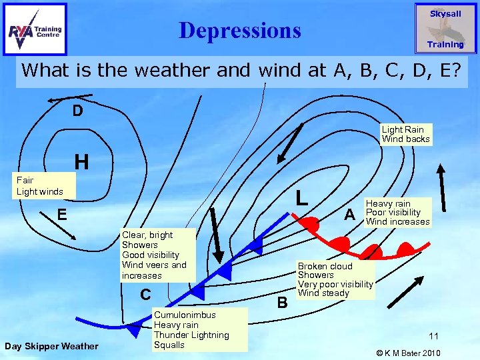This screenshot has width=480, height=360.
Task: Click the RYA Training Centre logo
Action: click(x=35, y=29)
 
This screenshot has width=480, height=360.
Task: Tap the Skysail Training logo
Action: click(x=445, y=29)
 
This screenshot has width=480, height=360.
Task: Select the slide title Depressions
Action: click(x=240, y=30)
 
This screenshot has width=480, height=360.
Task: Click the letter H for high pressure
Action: click(x=81, y=162)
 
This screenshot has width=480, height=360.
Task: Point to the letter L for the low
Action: click(x=302, y=197)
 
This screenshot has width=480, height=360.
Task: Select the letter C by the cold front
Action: click(x=145, y=294)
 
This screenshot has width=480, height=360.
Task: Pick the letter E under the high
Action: click(x=61, y=215)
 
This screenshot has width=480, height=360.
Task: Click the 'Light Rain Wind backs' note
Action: click(x=405, y=134)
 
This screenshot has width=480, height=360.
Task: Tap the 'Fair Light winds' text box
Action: click(x=39, y=186)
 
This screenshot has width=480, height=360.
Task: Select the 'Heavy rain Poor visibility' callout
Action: click(x=397, y=213)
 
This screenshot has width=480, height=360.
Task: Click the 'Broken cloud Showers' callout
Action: click(x=335, y=279)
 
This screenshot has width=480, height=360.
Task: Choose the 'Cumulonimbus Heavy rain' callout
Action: click(x=191, y=329)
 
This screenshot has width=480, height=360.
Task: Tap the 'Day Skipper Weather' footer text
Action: click(x=51, y=345)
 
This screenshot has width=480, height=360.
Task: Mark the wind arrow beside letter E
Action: click(x=67, y=228)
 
